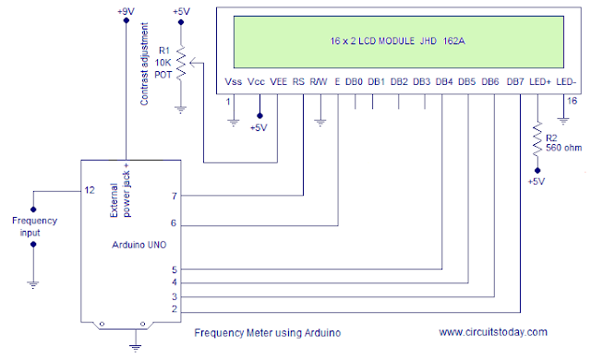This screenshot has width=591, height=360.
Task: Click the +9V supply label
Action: (x=125, y=10)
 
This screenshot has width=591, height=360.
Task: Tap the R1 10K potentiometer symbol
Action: (x=181, y=63)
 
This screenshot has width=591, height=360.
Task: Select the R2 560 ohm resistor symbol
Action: (x=537, y=140)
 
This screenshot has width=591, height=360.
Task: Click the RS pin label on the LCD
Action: (x=298, y=82)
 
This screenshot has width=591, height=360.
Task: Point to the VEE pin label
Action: (x=279, y=82)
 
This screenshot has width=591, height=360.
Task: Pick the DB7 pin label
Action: (x=515, y=82)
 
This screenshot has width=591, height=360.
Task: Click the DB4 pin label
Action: (x=444, y=82)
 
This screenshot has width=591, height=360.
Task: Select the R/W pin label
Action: (x=319, y=82)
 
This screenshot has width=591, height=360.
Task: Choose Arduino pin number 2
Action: (x=174, y=309)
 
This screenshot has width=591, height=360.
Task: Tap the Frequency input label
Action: (x=33, y=226)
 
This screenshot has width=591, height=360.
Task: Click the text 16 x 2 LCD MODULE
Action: (x=356, y=42)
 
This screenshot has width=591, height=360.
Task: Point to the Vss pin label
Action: (x=234, y=82)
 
